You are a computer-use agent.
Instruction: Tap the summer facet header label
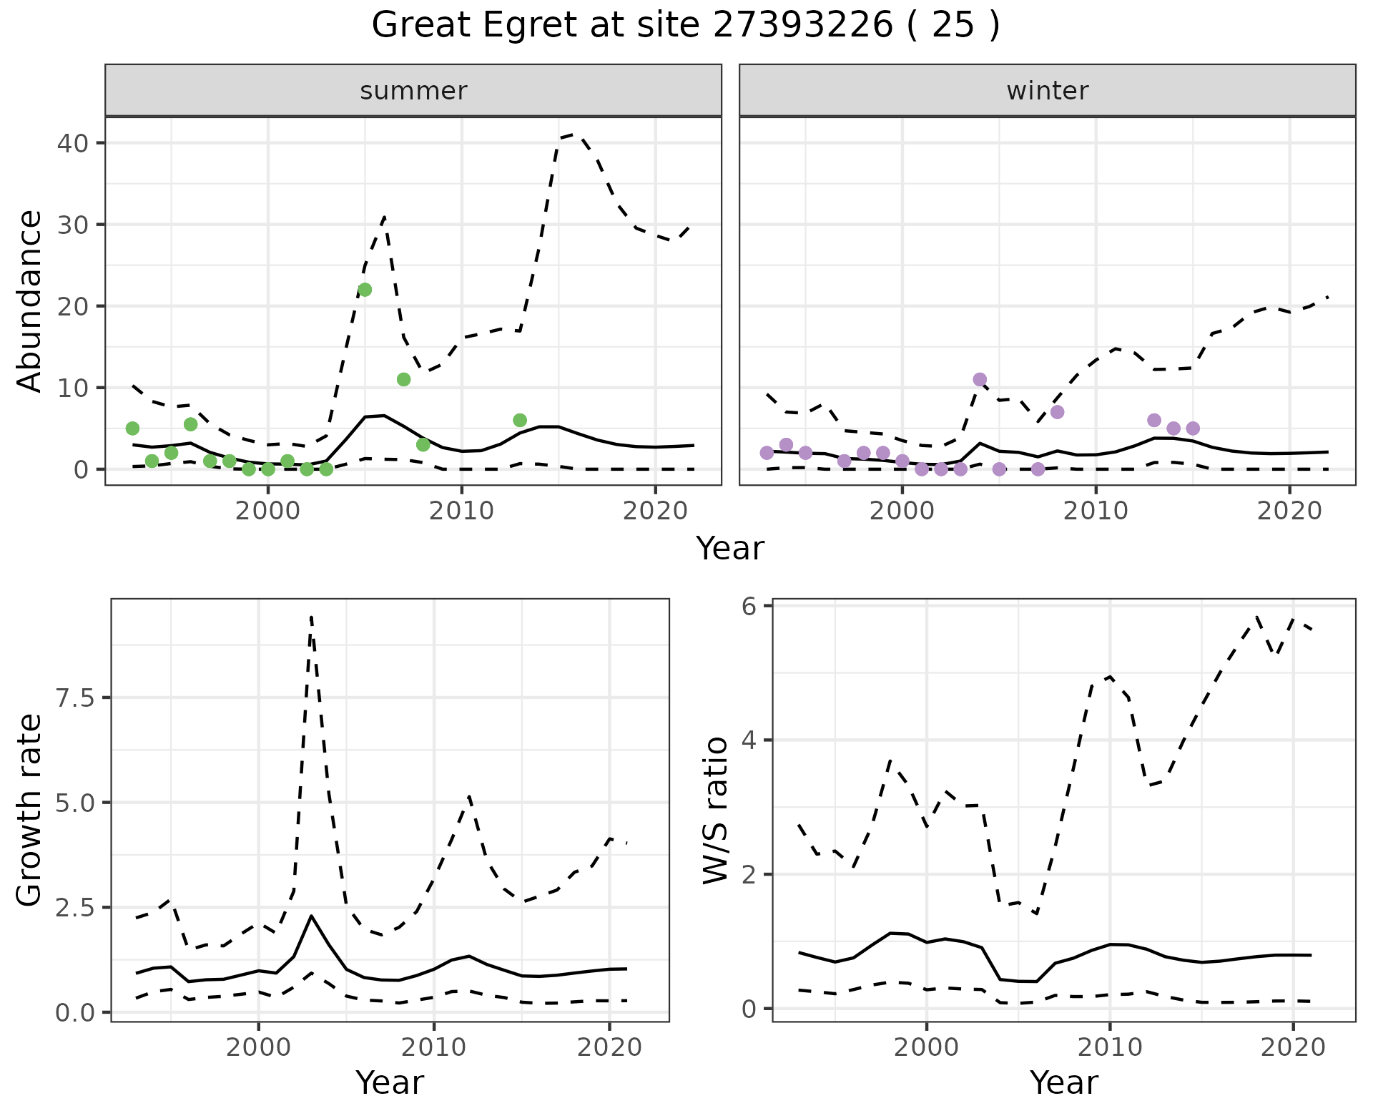click(413, 91)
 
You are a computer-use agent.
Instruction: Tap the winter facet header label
click(1047, 91)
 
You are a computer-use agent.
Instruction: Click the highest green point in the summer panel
click(365, 290)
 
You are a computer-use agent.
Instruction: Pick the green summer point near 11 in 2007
click(403, 379)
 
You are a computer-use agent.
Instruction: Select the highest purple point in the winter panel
click(980, 379)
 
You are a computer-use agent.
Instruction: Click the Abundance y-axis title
click(30, 301)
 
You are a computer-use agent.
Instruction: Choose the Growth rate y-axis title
click(30, 811)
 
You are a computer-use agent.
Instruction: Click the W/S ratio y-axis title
click(716, 811)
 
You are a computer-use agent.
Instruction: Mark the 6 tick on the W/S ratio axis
click(749, 607)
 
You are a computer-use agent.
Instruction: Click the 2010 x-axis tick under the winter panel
click(1096, 511)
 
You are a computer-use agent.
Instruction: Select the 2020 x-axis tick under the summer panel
click(655, 511)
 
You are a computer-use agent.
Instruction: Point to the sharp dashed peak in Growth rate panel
click(311, 617)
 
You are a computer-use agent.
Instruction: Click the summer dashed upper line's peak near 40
click(576, 134)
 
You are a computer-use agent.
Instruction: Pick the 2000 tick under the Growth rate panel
click(258, 1048)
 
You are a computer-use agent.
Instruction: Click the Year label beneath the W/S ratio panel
click(1063, 1082)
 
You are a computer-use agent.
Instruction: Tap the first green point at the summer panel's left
click(132, 429)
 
